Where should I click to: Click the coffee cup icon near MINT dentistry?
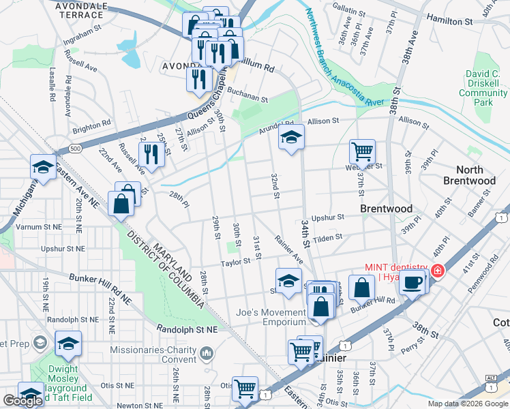click(x=412, y=281)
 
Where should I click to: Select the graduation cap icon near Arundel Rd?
click(x=291, y=138)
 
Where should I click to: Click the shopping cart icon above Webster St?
click(x=362, y=151)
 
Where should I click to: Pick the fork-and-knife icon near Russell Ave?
click(x=151, y=154)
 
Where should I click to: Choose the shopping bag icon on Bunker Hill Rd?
click(x=361, y=287)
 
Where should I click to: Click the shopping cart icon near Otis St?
click(x=245, y=389)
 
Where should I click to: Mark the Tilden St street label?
click(x=327, y=237)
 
